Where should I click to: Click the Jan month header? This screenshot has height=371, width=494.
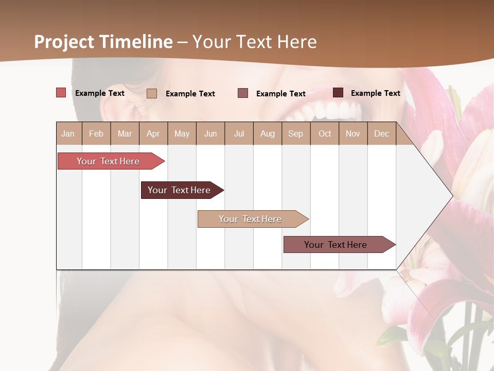[x=68, y=133]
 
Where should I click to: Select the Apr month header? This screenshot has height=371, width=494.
[x=153, y=133]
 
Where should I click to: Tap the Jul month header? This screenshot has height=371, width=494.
[x=239, y=133]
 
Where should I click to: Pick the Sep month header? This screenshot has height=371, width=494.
[x=295, y=133]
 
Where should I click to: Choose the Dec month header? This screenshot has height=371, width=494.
[x=381, y=133]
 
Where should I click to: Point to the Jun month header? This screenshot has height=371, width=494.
[x=210, y=133]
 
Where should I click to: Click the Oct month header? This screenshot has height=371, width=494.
[x=325, y=133]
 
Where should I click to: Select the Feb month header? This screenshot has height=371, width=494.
[x=96, y=133]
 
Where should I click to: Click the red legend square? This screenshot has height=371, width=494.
[x=61, y=93]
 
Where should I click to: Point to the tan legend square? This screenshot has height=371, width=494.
[x=152, y=93]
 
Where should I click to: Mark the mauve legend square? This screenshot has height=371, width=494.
[x=243, y=93]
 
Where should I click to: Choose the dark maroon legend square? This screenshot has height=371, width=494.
[x=338, y=93]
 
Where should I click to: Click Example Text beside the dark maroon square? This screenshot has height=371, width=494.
[x=376, y=93]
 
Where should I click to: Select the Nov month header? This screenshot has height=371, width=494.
[x=353, y=133]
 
